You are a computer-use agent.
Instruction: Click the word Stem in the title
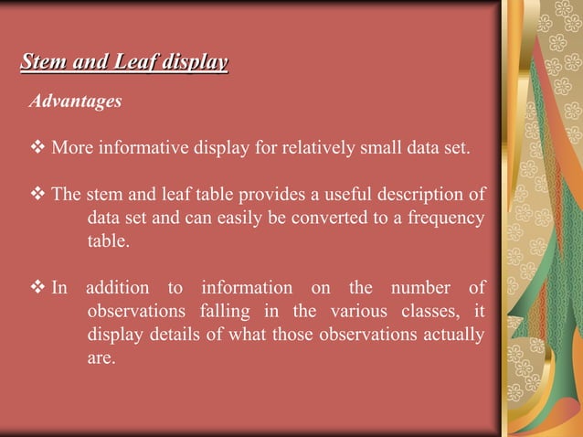(40, 63)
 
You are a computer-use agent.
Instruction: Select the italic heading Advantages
(75, 101)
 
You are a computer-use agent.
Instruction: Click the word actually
(451, 335)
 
